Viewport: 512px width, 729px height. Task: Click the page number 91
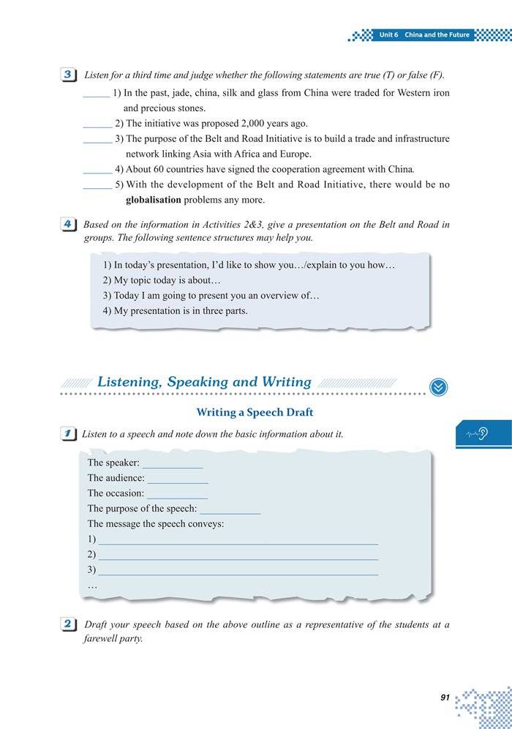[x=445, y=698]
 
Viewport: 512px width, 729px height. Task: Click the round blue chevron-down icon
[x=438, y=387]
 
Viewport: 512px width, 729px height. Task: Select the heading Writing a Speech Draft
[x=255, y=413]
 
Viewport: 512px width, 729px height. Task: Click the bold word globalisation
[x=153, y=200]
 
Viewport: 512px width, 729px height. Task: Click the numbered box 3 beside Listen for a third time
[x=67, y=75]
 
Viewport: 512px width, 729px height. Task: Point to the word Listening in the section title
[x=129, y=382]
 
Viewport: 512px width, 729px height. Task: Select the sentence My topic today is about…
[x=162, y=280]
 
